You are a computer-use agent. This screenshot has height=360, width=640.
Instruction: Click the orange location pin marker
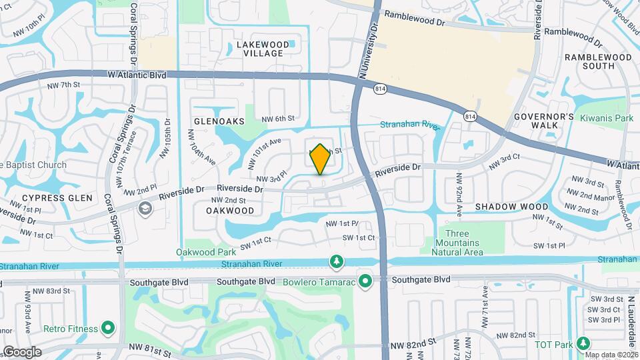click(x=320, y=159)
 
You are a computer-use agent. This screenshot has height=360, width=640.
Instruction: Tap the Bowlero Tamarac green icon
click(x=365, y=280)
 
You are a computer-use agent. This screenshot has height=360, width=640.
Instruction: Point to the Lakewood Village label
click(x=263, y=49)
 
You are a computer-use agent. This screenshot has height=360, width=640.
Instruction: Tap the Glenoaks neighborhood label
click(x=219, y=121)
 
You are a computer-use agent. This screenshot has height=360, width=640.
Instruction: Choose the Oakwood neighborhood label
click(x=230, y=210)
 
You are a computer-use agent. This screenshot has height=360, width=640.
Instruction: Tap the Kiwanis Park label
click(x=606, y=118)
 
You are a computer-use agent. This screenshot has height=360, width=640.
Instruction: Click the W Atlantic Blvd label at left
click(x=137, y=76)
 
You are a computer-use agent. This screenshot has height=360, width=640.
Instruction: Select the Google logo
click(x=21, y=351)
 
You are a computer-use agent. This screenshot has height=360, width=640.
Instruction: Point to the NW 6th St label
click(x=277, y=119)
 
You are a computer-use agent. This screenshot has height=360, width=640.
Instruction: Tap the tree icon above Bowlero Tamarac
click(x=335, y=260)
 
